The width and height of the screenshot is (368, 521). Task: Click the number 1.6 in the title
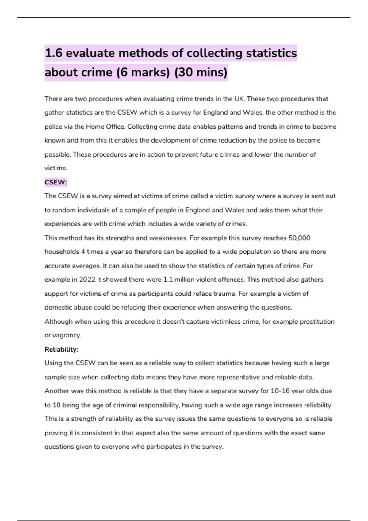click(54, 53)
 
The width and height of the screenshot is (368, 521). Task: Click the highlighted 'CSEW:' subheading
click(56, 182)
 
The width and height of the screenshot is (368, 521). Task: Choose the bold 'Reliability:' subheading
click(61, 349)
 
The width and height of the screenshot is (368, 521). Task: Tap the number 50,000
click(299, 238)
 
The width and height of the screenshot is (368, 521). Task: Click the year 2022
click(87, 280)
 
